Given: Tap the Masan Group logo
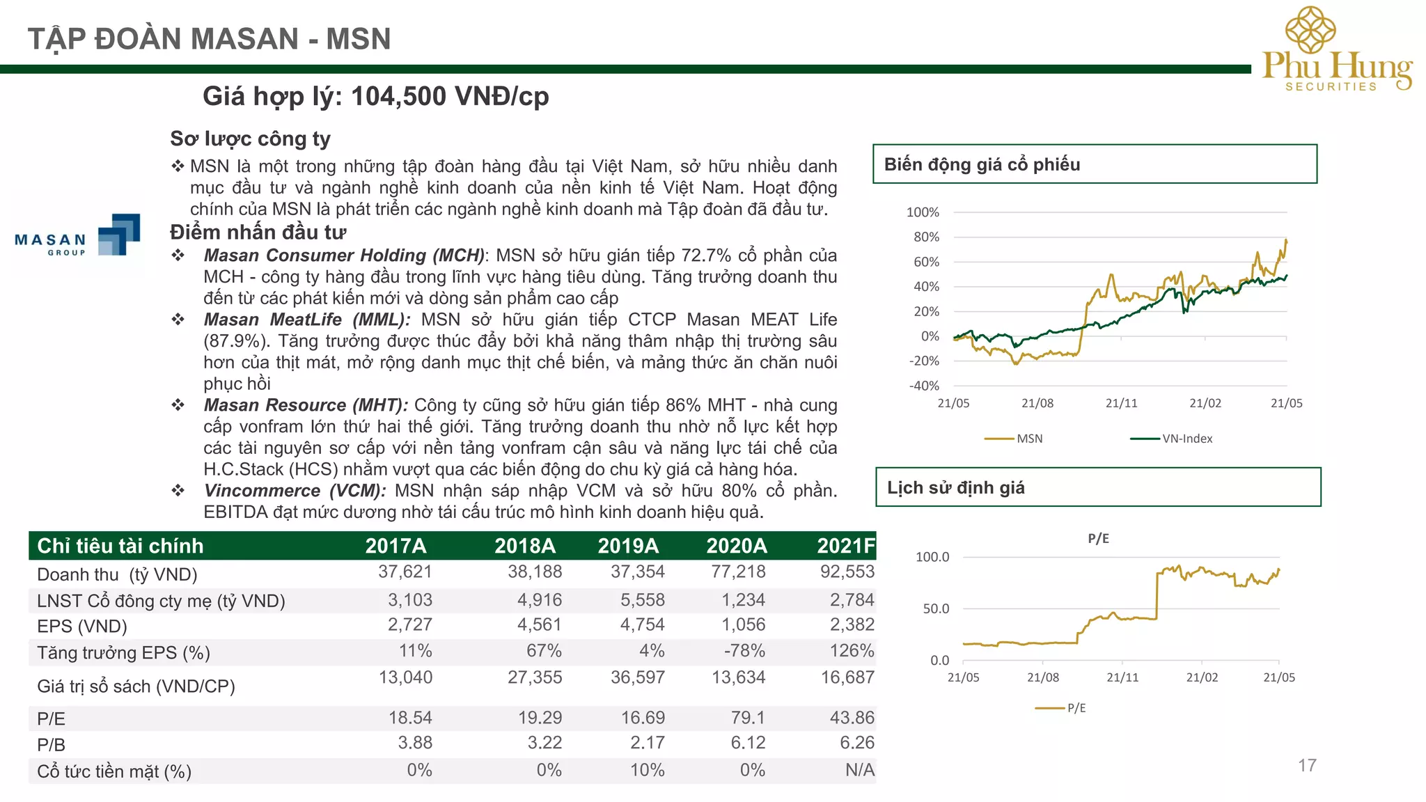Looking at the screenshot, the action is pyautogui.click(x=77, y=235).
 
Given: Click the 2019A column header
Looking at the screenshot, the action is pyautogui.click(x=628, y=546).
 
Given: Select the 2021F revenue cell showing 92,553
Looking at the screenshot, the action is pyautogui.click(x=847, y=572).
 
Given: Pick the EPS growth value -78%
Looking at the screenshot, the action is pyautogui.click(x=744, y=651).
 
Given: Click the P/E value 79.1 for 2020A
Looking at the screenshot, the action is pyautogui.click(x=748, y=718).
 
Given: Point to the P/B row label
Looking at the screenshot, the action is pyautogui.click(x=51, y=744).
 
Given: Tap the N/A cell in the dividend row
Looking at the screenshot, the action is pyautogui.click(x=860, y=770).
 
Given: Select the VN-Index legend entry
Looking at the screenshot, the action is pyautogui.click(x=1171, y=439).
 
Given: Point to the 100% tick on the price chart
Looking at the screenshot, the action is pyautogui.click(x=923, y=212).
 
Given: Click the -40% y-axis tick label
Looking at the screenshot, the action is pyautogui.click(x=924, y=386).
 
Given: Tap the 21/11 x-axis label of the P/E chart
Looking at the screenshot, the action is pyautogui.click(x=1122, y=677).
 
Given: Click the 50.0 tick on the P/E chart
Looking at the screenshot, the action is pyautogui.click(x=936, y=608).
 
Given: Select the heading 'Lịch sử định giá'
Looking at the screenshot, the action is pyautogui.click(x=955, y=487).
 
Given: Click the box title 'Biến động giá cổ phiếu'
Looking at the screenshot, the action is pyautogui.click(x=982, y=164).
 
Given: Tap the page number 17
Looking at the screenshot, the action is pyautogui.click(x=1307, y=766).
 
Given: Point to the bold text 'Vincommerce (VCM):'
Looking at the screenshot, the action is pyautogui.click(x=295, y=491).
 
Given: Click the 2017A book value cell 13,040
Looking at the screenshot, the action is pyautogui.click(x=405, y=677).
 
